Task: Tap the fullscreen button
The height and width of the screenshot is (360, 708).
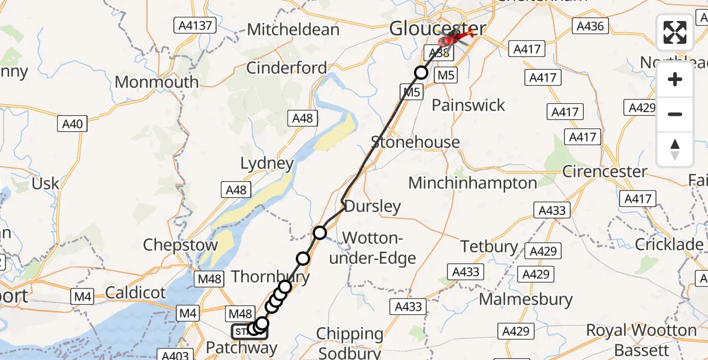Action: [x=675, y=32]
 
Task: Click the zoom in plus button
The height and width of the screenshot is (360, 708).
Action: [x=675, y=79]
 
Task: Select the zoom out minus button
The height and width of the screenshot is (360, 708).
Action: [x=675, y=114]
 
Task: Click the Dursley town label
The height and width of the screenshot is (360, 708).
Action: [x=373, y=206]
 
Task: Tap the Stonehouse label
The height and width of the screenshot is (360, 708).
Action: [x=415, y=142]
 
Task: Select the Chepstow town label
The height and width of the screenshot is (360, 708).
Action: [x=180, y=245]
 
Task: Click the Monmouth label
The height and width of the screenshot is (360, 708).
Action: [x=157, y=82]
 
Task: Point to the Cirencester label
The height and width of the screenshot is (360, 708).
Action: [x=605, y=172]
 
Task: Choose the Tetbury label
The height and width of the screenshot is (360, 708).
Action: [x=489, y=246]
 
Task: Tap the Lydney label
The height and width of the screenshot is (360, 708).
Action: [x=267, y=163]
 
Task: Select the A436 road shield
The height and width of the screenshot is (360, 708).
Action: [x=590, y=26]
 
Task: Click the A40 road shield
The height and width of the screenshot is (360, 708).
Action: [x=73, y=124]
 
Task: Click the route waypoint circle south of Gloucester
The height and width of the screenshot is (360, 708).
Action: [x=421, y=73]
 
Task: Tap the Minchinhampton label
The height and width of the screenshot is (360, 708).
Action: [x=472, y=183]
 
